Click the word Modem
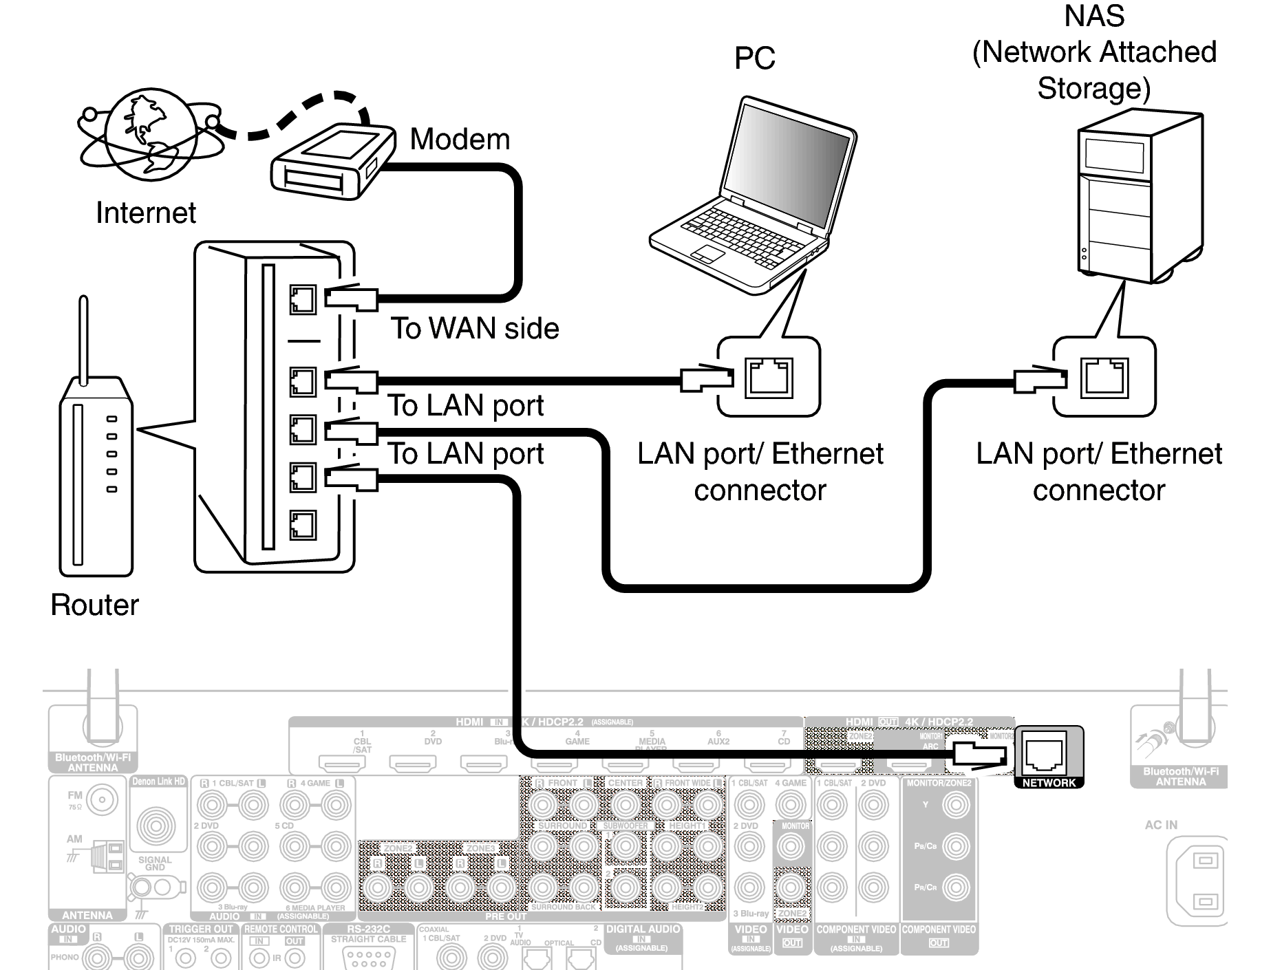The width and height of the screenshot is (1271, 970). pyautogui.click(x=460, y=140)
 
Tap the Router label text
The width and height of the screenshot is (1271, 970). pyautogui.click(x=94, y=605)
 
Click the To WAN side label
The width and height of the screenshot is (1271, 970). pyautogui.click(x=475, y=328)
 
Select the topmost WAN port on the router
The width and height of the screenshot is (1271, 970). pyautogui.click(x=302, y=299)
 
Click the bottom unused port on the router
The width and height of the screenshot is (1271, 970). pyautogui.click(x=302, y=525)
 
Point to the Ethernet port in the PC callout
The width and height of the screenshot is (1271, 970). pyautogui.click(x=769, y=377)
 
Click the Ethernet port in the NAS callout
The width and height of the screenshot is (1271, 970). pyautogui.click(x=1104, y=377)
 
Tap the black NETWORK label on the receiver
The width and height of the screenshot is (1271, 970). pyautogui.click(x=1048, y=783)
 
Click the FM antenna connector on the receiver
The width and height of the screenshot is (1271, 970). pyautogui.click(x=102, y=799)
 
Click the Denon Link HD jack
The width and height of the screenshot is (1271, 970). pyautogui.click(x=157, y=825)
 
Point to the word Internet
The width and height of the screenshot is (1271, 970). pyautogui.click(x=146, y=213)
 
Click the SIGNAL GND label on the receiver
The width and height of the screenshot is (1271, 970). pyautogui.click(x=155, y=863)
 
